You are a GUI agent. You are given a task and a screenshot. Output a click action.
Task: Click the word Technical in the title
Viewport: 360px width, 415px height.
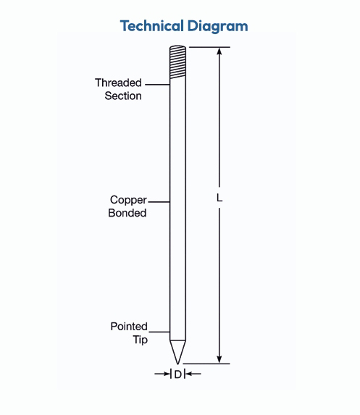pos(152,26)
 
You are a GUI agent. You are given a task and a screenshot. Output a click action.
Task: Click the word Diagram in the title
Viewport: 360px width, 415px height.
pos(218,27)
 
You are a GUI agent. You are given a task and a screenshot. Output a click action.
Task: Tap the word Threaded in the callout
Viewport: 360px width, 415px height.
pos(118,83)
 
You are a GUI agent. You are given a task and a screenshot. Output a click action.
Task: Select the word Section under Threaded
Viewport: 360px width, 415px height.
pos(123,96)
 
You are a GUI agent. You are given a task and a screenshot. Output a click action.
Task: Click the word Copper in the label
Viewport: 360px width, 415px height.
pos(128,201)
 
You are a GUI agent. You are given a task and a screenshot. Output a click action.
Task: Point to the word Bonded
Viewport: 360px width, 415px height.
pos(127,213)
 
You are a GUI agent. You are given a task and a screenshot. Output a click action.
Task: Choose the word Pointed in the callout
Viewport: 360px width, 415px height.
pos(129,327)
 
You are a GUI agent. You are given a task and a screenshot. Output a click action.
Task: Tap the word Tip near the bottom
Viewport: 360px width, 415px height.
pos(141,340)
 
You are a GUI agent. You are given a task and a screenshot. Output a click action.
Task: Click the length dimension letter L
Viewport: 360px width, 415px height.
pos(219,198)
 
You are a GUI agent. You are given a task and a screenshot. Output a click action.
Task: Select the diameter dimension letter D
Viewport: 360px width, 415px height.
pos(178,374)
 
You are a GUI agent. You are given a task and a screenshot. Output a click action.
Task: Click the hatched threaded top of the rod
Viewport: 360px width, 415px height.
pos(177,62)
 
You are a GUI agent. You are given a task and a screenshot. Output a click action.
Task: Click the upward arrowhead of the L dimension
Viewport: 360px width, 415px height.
pos(219,51)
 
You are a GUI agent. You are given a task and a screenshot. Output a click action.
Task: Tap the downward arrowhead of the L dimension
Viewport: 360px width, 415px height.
pos(219,359)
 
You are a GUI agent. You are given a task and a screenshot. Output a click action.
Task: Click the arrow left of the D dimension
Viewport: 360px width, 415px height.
pos(162,374)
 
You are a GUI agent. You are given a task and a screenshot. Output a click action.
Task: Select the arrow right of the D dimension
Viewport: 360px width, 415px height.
pos(193,374)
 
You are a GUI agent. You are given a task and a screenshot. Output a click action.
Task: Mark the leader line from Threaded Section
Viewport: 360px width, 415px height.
pos(157,85)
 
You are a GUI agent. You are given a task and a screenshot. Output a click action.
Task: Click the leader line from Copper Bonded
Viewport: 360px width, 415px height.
pos(159,202)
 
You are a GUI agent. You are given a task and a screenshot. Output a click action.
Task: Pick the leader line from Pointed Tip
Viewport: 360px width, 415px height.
pos(159,332)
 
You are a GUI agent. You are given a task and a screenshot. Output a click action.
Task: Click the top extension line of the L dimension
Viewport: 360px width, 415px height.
pos(209,47)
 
